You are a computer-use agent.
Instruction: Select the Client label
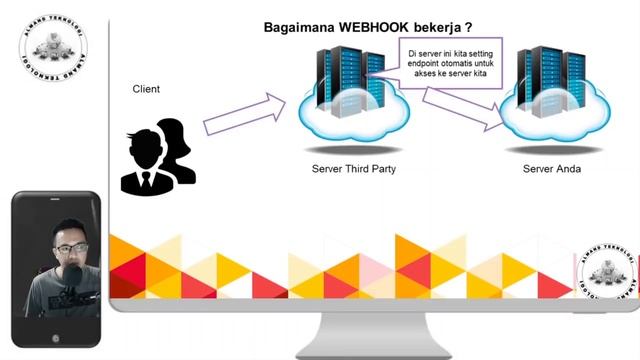tap(146, 89)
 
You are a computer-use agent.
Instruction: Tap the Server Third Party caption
tap(354, 169)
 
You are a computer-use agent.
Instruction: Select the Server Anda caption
tap(552, 169)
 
